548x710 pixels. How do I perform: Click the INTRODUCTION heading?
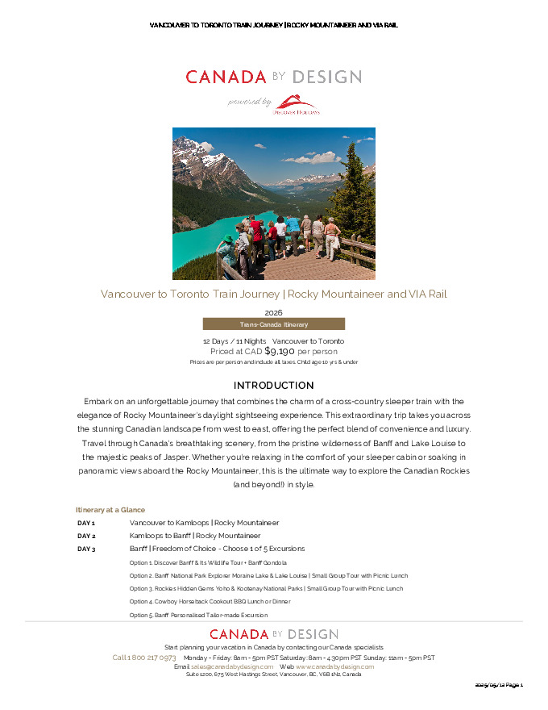click(x=273, y=386)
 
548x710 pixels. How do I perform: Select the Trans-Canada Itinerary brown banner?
click(x=273, y=324)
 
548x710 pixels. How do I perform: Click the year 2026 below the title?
click(x=273, y=312)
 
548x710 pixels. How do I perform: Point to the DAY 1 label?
click(x=86, y=523)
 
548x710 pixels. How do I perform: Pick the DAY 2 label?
click(x=86, y=536)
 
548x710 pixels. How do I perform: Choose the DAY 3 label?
click(x=86, y=549)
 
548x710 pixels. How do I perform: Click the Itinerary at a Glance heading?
click(x=110, y=510)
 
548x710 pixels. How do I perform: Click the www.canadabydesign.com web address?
click(x=334, y=666)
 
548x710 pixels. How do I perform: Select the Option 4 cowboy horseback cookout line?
click(x=210, y=601)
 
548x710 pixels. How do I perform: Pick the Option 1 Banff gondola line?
click(x=208, y=562)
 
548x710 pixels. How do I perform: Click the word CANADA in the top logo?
click(x=226, y=77)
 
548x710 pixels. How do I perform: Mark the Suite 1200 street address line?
click(x=273, y=674)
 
